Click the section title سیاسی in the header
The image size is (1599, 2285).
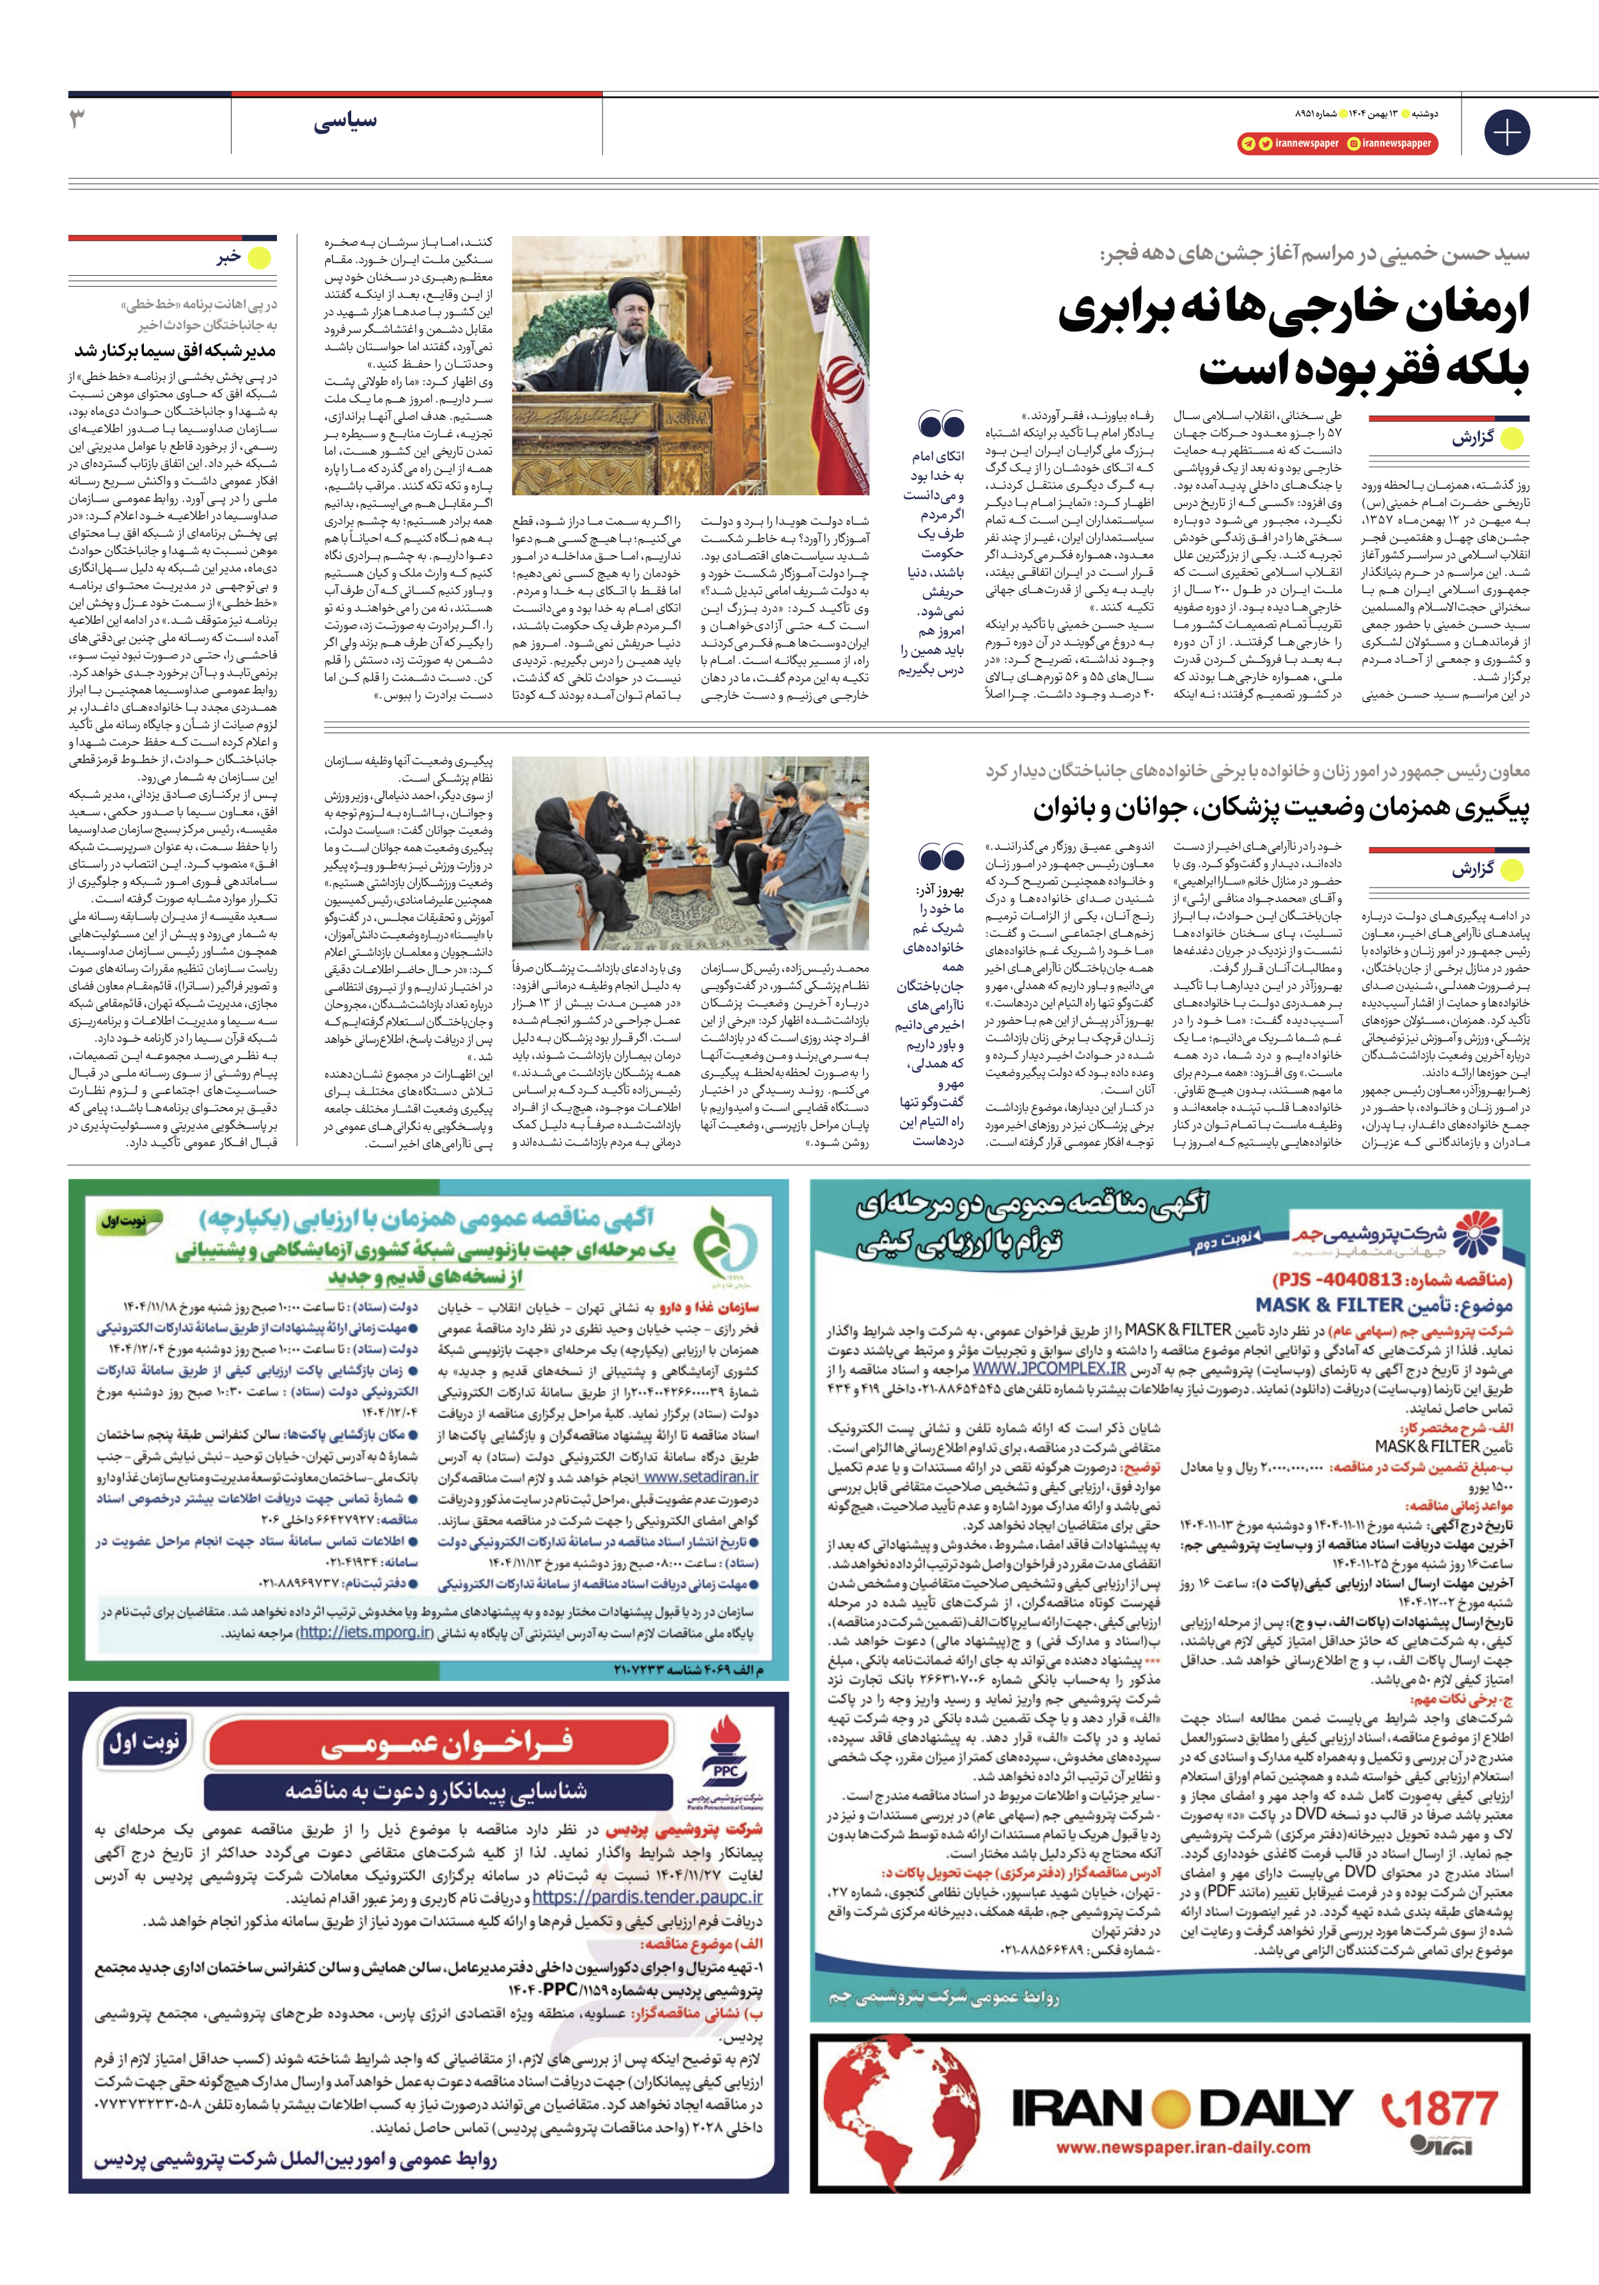pos(345,122)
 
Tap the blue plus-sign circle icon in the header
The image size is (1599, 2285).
pos(1506,132)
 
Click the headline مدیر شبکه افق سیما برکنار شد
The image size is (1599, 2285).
pos(175,350)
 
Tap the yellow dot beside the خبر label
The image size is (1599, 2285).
pos(258,258)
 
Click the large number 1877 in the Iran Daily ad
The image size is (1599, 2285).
pos(1440,2107)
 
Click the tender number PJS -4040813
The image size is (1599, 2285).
pos(1393,1279)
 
